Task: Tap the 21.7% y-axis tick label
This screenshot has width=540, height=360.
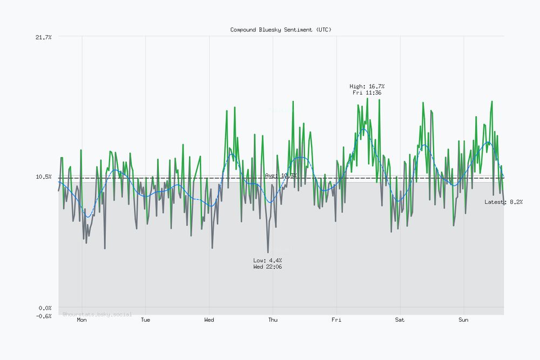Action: [x=43, y=37]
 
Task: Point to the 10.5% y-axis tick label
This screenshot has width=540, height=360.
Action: [x=43, y=177]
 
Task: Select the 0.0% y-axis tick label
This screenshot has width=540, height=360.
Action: [x=44, y=308]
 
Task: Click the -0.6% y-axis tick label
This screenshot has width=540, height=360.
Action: [x=43, y=316]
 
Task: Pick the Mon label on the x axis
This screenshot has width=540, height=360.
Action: [x=82, y=320]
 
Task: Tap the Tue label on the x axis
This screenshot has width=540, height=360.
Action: [x=145, y=320]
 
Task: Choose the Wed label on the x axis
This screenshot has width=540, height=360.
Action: [x=209, y=320]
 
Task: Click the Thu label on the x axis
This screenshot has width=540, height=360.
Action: [x=273, y=320]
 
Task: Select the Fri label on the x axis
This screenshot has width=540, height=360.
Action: [x=336, y=320]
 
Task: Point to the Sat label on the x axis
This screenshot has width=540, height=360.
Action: [x=400, y=320]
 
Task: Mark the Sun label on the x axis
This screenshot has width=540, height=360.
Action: [x=463, y=320]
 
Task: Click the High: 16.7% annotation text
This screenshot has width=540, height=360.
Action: [x=367, y=86]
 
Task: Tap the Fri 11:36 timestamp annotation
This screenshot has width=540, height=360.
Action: [x=367, y=93]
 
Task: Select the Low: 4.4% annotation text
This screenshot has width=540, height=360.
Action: [x=267, y=261]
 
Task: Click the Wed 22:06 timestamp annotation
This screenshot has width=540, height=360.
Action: [x=267, y=267]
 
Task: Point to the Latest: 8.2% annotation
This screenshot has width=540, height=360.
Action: [x=503, y=202]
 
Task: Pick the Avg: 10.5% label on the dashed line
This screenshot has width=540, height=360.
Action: [x=281, y=175]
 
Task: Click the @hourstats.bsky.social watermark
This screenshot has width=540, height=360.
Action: [x=97, y=314]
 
